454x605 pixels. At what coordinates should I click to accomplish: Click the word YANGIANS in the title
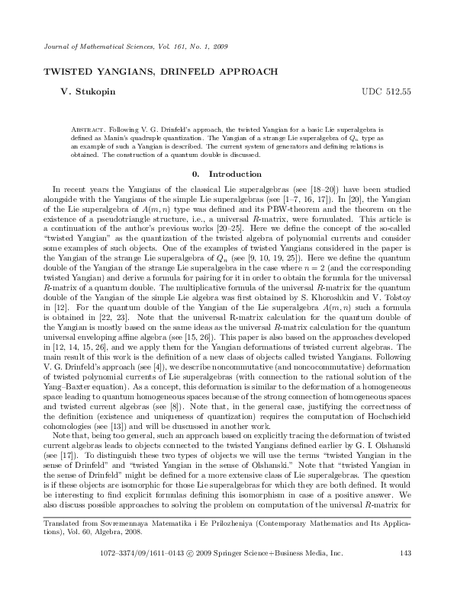(x=118, y=72)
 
